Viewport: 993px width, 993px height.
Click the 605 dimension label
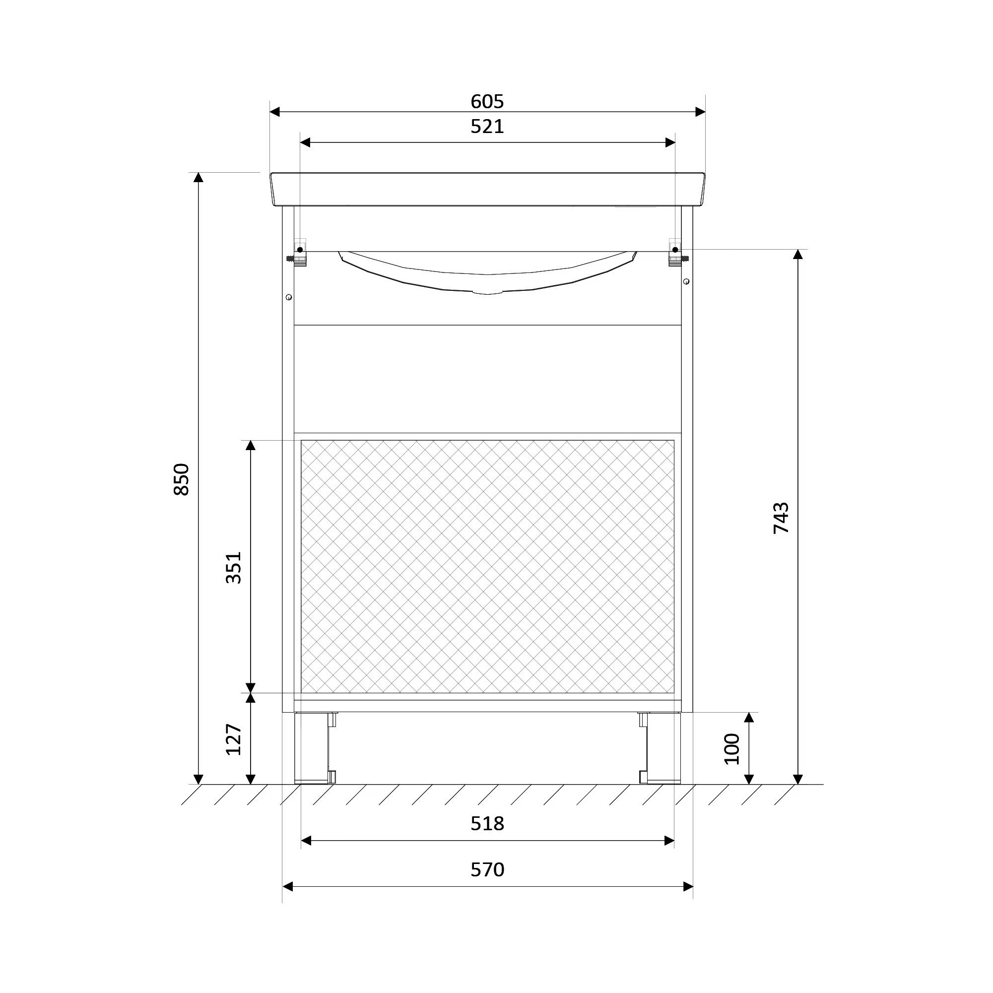pos(487,102)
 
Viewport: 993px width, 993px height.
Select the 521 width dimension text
pos(487,127)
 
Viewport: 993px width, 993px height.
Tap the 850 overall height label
pos(182,479)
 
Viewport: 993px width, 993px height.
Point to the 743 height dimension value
pos(781,518)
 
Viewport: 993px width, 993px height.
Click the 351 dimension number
pos(233,567)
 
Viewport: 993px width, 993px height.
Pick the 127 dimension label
pos(233,739)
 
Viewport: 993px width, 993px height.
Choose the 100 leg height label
pos(731,749)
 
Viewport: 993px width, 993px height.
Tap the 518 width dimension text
pos(487,824)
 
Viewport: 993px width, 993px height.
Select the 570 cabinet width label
pos(487,869)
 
